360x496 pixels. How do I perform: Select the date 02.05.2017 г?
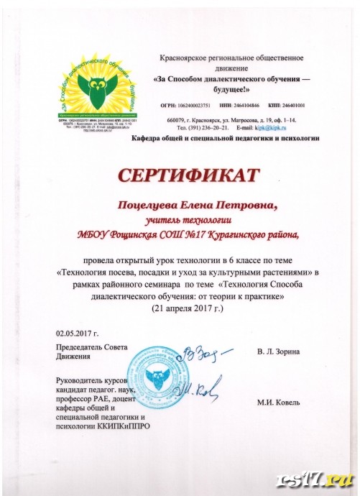pos(76,334)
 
